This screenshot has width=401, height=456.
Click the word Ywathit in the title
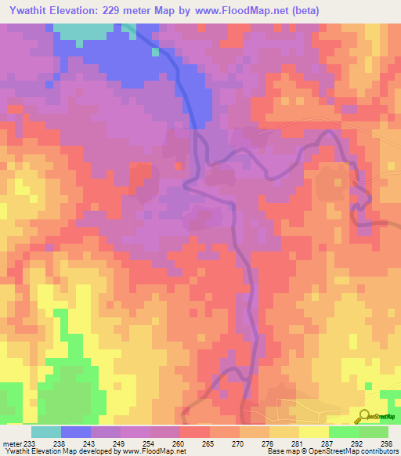31,11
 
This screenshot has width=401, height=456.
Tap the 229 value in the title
138,11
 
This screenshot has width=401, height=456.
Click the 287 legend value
320,443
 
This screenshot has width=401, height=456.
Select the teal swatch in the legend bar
45,432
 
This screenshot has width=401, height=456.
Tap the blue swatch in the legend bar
75,432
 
